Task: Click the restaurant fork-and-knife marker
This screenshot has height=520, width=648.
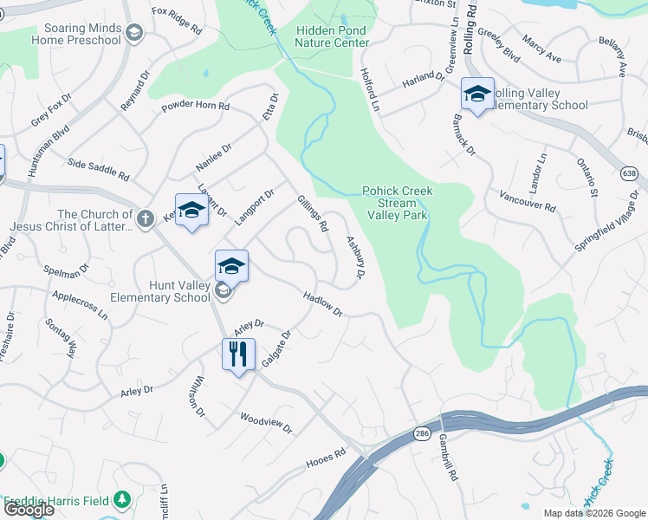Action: [237, 354]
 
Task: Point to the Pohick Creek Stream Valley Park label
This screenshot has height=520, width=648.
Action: [398, 202]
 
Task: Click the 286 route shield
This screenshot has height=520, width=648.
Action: [422, 431]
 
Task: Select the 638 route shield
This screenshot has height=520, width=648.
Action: [630, 174]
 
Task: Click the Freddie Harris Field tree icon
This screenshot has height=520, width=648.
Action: [122, 500]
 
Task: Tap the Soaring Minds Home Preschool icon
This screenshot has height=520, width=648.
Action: [133, 33]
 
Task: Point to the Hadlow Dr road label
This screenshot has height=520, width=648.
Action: [323, 303]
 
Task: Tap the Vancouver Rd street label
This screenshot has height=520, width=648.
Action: [527, 201]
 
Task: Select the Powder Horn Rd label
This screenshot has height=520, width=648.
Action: [195, 107]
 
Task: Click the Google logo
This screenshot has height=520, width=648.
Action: [29, 509]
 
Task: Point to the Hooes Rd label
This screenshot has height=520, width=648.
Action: [326, 458]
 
